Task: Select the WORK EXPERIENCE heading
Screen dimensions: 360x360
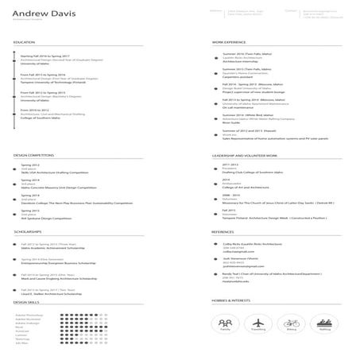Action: tap(230, 41)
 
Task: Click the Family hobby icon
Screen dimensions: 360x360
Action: tap(225, 323)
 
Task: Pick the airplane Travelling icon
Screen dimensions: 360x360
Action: tap(258, 323)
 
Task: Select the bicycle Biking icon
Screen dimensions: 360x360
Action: tap(292, 323)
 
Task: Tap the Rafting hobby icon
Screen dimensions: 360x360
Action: tap(324, 323)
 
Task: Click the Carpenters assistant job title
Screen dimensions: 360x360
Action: tap(239, 77)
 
